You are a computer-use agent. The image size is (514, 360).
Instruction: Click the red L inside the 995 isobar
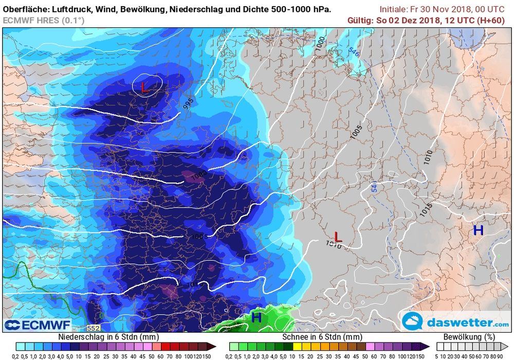[x=144, y=87]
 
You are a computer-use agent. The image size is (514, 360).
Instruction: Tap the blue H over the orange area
[x=478, y=230]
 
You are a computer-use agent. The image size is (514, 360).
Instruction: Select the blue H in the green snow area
[x=256, y=318]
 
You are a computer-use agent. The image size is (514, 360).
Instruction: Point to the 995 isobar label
[x=189, y=103]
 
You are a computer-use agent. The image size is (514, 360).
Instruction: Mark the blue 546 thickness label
[x=353, y=51]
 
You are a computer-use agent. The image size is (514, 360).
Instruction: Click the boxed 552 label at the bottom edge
[x=93, y=328]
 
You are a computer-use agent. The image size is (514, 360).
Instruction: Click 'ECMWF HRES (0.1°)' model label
[x=44, y=20]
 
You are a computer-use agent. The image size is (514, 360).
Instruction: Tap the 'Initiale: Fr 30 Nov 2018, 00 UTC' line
[x=442, y=9]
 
